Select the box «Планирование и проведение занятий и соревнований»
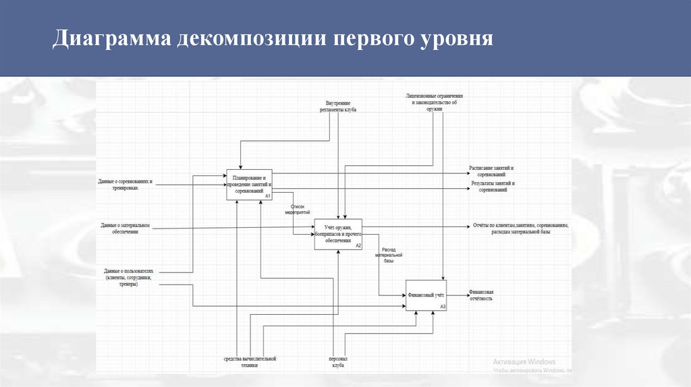click(x=248, y=183)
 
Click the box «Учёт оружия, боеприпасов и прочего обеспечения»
click(x=338, y=234)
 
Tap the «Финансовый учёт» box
click(x=426, y=295)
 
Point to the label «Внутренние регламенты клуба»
click(x=338, y=106)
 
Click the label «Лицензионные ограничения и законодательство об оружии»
click(x=435, y=102)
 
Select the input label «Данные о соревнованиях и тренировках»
click(x=126, y=184)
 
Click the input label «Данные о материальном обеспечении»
click(x=125, y=228)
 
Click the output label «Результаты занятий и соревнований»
click(x=493, y=186)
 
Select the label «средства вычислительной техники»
click(x=250, y=361)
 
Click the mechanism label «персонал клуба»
click(x=337, y=361)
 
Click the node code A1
click(x=267, y=196)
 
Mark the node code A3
click(x=443, y=307)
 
